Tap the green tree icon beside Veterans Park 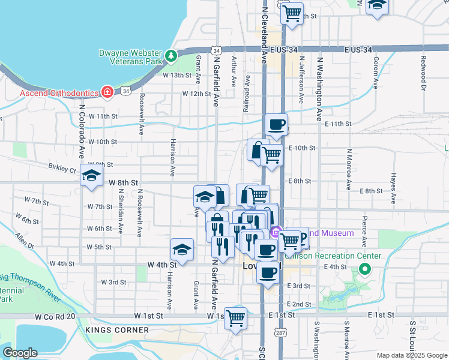pos(172,56)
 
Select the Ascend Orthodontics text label pos(59,93)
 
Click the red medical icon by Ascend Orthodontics pos(107,92)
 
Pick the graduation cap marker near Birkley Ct pos(91,175)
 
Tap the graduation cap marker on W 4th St pos(182,248)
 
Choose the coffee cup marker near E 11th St pos(276,124)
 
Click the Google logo pos(20,353)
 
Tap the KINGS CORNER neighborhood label pos(117,330)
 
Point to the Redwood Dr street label pos(423,73)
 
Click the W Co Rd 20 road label pos(55,316)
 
